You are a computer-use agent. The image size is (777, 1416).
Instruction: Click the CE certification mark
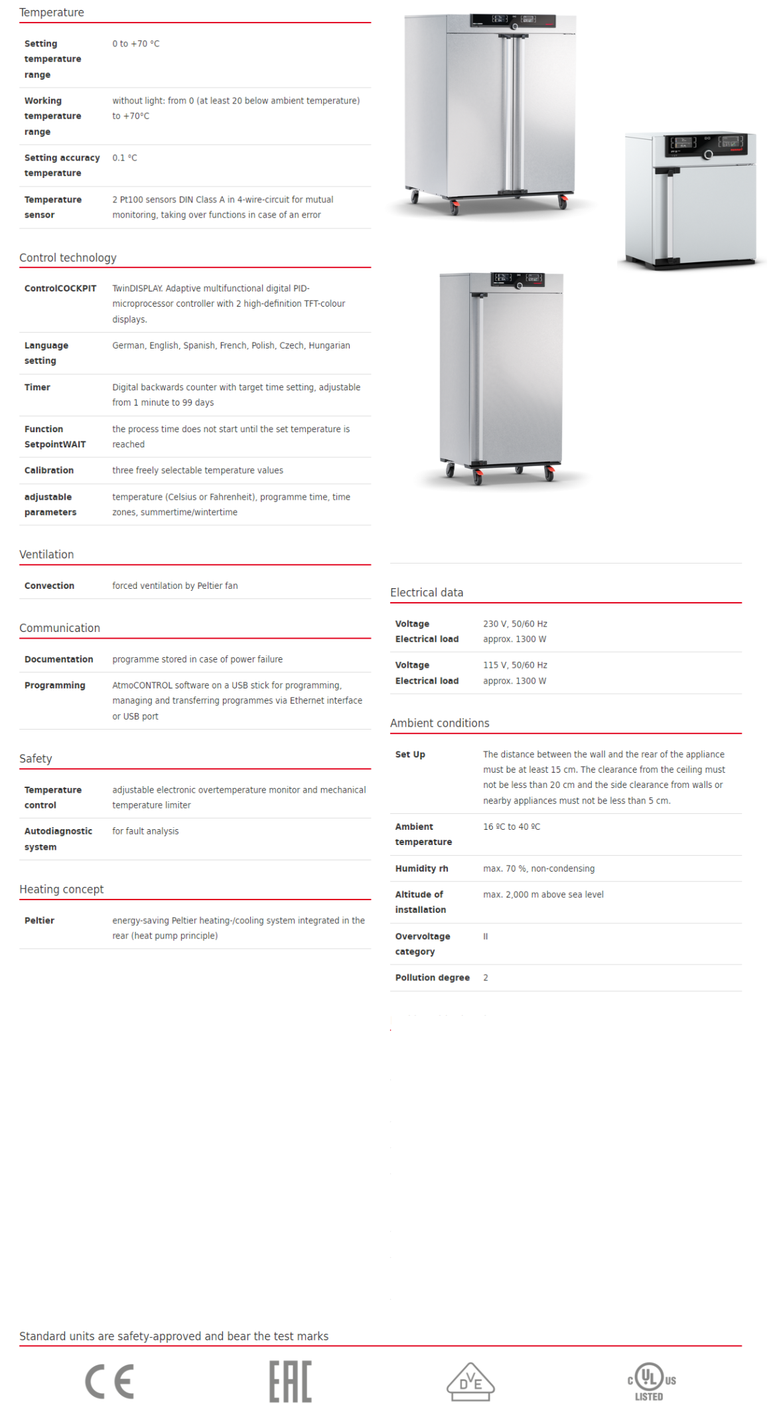(109, 1381)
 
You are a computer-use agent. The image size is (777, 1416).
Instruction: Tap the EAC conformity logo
(290, 1381)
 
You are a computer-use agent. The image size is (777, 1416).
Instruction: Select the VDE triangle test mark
(470, 1381)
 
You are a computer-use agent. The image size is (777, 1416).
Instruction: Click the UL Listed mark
(652, 1381)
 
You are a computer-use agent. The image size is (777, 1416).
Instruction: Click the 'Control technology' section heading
(68, 258)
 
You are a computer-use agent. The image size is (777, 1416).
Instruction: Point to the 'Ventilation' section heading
(46, 554)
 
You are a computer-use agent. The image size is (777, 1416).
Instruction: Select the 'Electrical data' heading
(427, 592)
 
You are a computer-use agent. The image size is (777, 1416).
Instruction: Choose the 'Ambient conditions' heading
(439, 723)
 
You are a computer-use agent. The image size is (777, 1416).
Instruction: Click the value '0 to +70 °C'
(136, 44)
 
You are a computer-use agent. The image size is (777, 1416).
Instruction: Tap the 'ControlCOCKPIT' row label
(60, 288)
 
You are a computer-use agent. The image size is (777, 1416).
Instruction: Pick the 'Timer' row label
(37, 387)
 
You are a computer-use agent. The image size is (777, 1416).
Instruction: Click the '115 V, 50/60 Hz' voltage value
(515, 665)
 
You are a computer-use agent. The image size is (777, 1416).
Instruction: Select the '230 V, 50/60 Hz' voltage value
(515, 624)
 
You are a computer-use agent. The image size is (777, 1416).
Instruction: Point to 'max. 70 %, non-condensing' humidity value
(539, 868)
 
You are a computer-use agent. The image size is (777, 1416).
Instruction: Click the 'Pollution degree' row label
(432, 978)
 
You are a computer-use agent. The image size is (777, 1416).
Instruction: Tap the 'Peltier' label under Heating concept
(39, 921)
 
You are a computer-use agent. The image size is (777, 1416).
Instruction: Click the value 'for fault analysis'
(145, 831)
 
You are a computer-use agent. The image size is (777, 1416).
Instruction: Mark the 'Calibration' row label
(49, 471)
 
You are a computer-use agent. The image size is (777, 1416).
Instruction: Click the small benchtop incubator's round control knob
(708, 155)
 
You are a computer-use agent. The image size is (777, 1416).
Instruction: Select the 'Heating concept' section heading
(61, 889)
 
